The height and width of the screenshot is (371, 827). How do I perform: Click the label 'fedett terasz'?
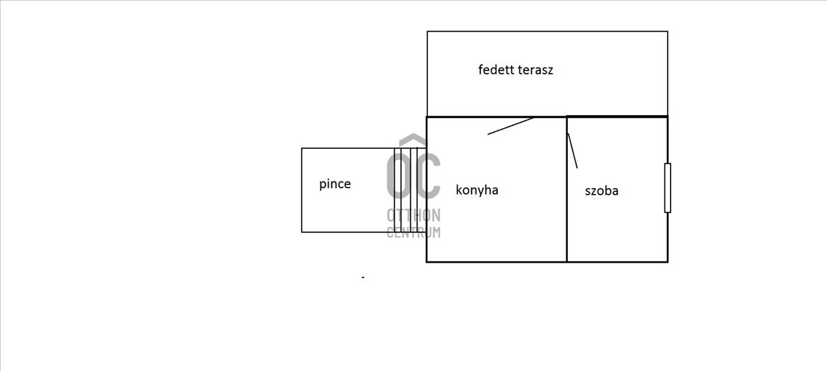(x=515, y=70)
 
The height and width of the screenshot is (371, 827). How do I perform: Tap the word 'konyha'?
(x=477, y=190)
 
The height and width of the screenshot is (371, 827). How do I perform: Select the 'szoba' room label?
(x=601, y=191)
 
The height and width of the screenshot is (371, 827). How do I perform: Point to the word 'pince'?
(x=335, y=184)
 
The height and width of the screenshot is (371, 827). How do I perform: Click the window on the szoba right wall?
(x=667, y=188)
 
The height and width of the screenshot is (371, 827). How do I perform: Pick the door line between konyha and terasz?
(x=511, y=126)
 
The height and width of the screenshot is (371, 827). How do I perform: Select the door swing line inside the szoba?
(x=572, y=150)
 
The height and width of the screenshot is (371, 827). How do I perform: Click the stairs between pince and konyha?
(x=409, y=190)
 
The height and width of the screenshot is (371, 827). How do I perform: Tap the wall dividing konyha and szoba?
(x=566, y=207)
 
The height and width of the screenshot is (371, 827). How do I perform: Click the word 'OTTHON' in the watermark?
(x=413, y=216)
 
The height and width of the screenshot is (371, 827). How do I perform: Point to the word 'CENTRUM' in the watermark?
(x=413, y=232)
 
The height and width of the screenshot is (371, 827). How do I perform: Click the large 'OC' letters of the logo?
(x=413, y=176)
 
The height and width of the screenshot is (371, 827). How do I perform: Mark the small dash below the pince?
(x=363, y=277)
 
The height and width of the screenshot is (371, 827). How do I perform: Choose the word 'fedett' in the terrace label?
(x=495, y=70)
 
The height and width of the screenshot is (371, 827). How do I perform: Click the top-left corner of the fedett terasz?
(x=427, y=32)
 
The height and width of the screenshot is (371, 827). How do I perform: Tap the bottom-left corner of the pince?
(x=302, y=232)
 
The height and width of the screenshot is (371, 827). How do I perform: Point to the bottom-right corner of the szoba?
(x=667, y=261)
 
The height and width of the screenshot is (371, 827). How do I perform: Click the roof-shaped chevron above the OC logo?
(x=413, y=139)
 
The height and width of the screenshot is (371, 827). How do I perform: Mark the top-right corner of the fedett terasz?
(x=667, y=32)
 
